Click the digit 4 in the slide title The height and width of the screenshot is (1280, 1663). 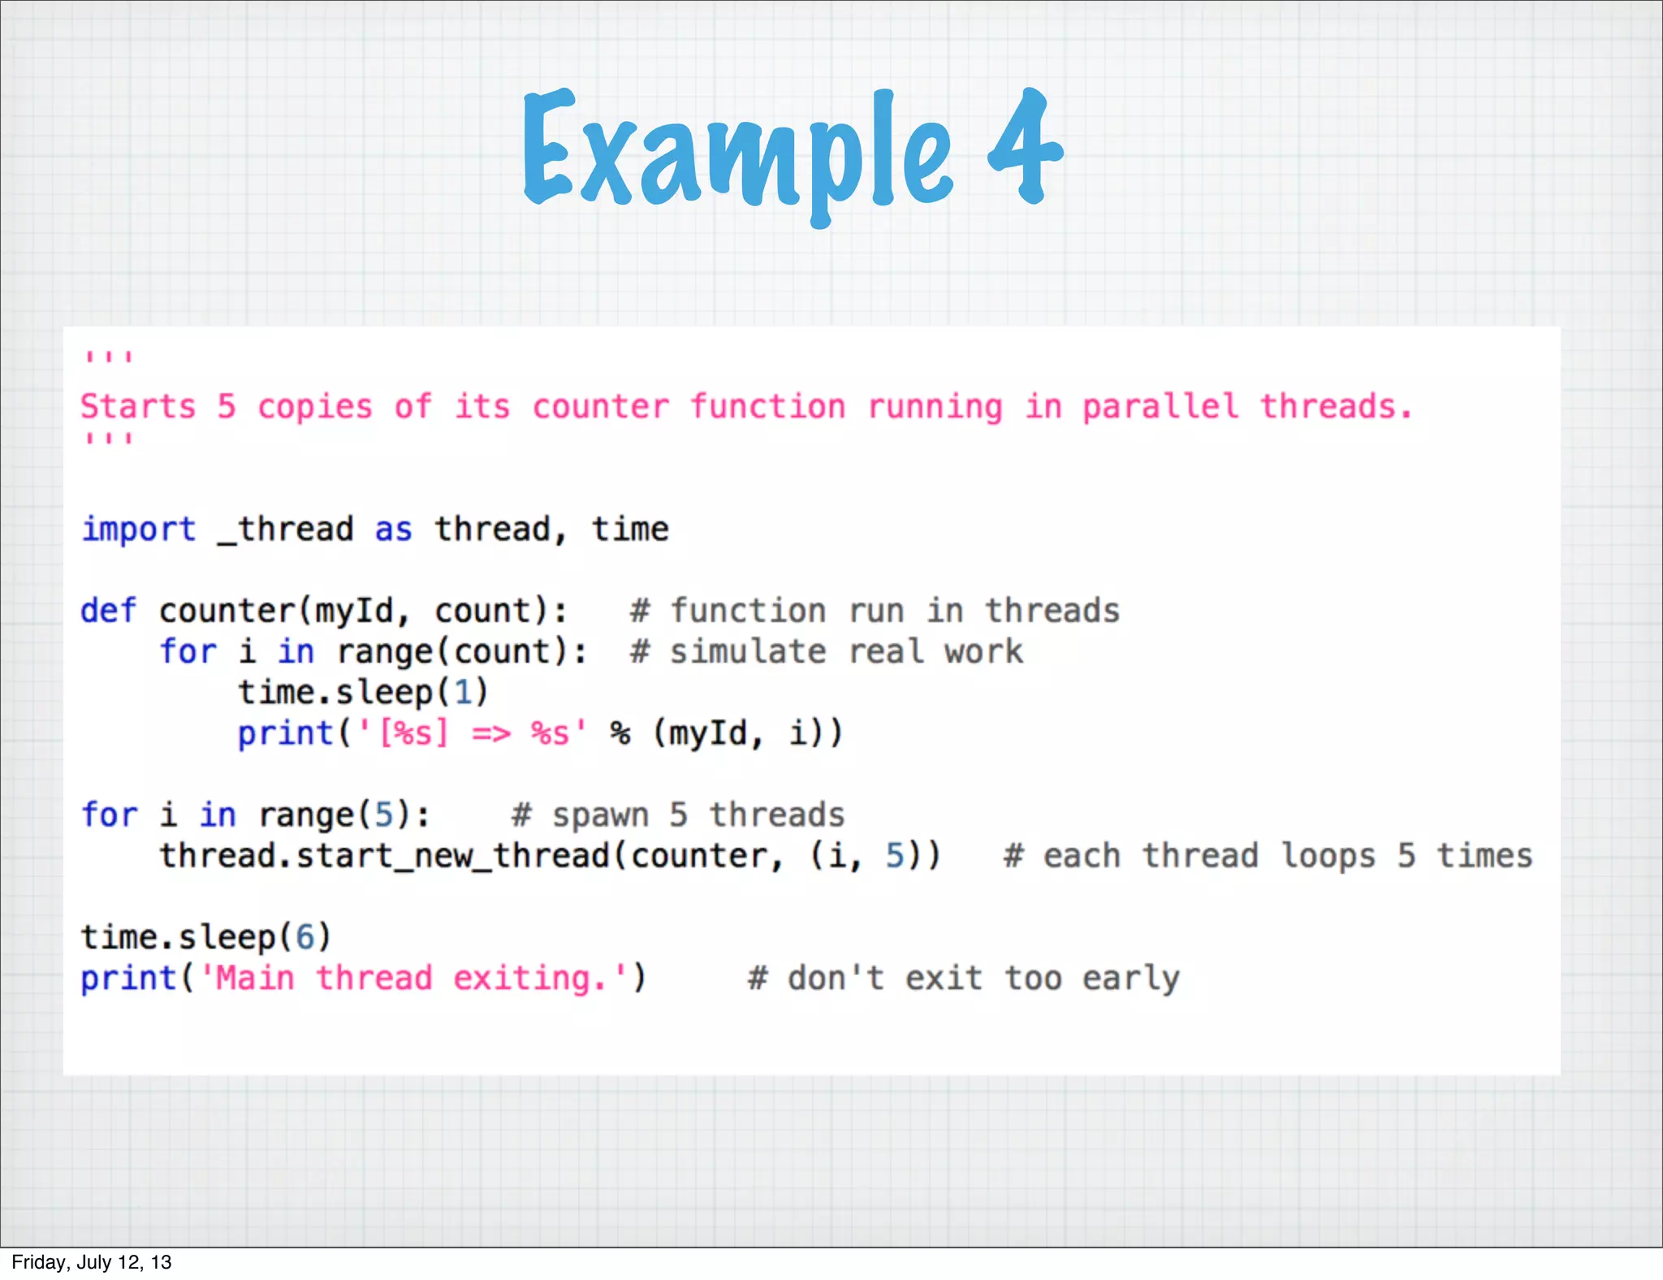[1025, 146]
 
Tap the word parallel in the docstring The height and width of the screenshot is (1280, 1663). [1160, 406]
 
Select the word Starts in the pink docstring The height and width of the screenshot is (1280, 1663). [138, 406]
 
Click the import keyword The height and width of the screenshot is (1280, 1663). [139, 530]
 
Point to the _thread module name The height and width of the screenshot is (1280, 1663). [285, 530]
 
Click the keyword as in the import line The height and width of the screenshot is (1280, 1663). [393, 530]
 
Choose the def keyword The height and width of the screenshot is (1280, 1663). [108, 611]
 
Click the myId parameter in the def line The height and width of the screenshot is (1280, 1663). [354, 611]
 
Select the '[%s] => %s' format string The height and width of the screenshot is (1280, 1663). [472, 733]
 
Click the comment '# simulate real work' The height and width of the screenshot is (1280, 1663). [826, 651]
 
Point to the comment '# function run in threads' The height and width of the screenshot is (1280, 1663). [875, 611]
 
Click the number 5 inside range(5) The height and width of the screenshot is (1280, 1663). [383, 815]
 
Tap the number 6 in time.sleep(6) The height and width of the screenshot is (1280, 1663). [305, 937]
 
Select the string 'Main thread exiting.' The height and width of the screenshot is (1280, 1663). [413, 978]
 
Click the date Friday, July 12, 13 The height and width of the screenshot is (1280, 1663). [92, 1262]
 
